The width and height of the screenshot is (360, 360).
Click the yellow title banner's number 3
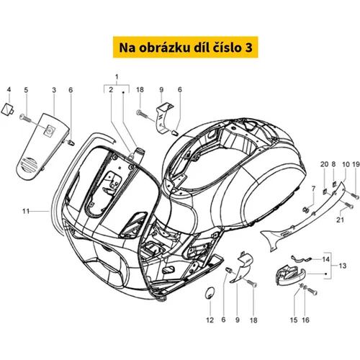point(249,48)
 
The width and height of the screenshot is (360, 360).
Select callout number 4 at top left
point(9,90)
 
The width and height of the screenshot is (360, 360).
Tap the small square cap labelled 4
point(8,109)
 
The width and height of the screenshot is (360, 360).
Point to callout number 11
point(26,211)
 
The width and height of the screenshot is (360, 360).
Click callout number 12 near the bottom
point(210,320)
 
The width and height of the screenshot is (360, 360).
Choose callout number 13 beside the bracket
point(343,266)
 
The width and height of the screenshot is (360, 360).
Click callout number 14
point(325,259)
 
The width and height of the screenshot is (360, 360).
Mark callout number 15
point(294,320)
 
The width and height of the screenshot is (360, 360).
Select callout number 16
point(305,320)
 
